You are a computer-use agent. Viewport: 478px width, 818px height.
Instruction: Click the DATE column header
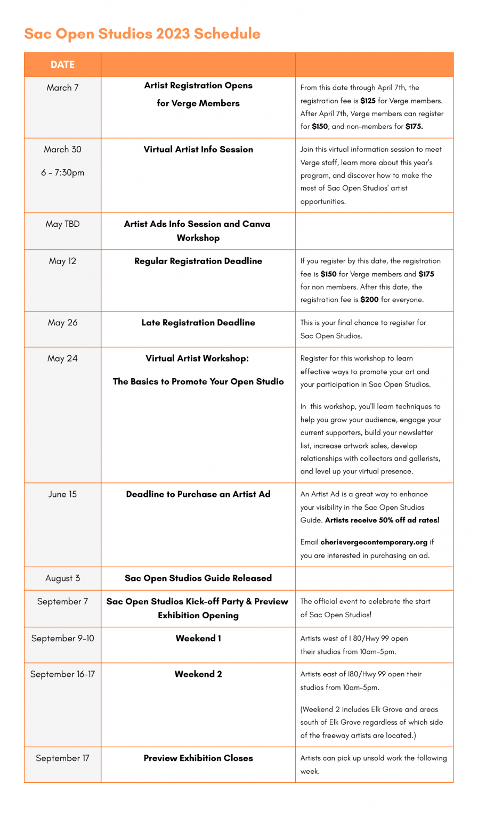[62, 64]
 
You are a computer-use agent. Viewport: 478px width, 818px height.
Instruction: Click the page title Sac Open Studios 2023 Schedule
[142, 34]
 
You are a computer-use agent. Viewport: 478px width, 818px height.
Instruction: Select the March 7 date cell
[62, 87]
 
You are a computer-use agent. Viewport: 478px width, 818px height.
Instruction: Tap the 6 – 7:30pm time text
[62, 173]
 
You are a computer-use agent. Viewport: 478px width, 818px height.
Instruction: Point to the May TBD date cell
[62, 224]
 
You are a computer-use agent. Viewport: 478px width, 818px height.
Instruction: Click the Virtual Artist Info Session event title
[198, 150]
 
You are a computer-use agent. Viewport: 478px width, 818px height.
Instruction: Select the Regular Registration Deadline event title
[198, 261]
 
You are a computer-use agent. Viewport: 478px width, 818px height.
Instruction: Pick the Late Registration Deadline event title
[198, 323]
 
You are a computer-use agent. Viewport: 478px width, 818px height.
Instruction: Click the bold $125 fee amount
[368, 101]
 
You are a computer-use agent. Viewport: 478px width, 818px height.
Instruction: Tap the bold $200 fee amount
[369, 300]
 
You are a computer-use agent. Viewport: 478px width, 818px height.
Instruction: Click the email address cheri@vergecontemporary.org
[374, 542]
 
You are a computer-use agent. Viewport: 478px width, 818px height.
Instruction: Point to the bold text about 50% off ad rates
[382, 520]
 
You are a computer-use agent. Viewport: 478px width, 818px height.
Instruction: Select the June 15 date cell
[62, 494]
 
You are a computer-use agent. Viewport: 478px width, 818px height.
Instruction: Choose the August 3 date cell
[62, 578]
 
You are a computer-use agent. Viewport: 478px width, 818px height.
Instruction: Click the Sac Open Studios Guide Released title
[198, 578]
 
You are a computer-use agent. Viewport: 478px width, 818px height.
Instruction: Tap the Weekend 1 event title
[198, 638]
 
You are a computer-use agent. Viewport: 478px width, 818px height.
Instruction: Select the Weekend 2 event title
[198, 674]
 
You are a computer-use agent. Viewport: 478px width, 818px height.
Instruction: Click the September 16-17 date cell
[62, 674]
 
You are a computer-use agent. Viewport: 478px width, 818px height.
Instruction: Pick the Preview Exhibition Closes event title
[198, 758]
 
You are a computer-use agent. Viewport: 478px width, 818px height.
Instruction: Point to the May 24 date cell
[62, 358]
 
